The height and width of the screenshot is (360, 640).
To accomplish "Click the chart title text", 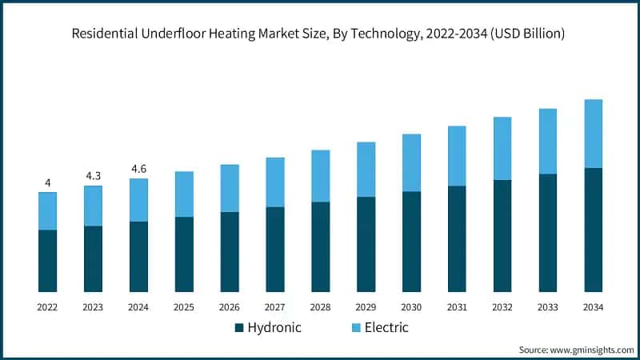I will click(320, 34).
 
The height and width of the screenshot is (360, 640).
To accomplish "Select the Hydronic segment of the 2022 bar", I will click(48, 261).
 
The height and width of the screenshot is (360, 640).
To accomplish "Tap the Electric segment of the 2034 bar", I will click(593, 134).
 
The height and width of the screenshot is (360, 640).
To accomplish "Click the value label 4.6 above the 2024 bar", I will click(138, 169).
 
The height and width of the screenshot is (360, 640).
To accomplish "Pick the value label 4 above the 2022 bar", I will click(48, 183).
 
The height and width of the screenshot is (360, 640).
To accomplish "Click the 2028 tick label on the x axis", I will click(320, 307).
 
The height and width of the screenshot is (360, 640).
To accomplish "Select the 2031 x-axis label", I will click(457, 307).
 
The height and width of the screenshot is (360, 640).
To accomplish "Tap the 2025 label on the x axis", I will click(184, 307).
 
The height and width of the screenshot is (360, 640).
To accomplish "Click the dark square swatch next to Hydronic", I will click(238, 328).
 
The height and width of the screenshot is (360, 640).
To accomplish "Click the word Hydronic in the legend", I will click(274, 328).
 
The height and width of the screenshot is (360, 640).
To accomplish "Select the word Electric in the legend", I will click(386, 328).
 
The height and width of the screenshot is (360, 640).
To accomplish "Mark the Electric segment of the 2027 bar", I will click(275, 182).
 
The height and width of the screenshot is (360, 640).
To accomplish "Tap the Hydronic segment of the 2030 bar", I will click(411, 242).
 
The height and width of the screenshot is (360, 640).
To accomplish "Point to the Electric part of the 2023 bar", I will click(93, 206).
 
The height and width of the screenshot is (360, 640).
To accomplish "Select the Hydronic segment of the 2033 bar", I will click(547, 233).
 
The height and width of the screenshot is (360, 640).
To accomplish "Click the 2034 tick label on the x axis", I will click(593, 307).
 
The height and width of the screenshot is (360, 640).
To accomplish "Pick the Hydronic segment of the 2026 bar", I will click(230, 252).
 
